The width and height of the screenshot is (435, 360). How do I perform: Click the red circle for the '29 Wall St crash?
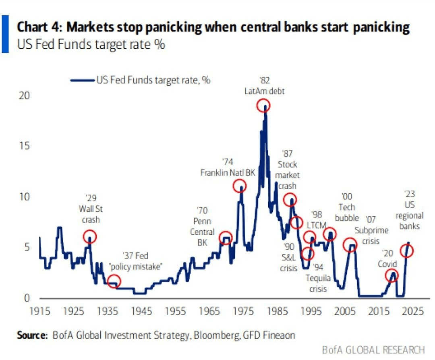tap(90, 236)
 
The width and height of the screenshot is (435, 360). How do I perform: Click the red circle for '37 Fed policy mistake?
tap(114, 281)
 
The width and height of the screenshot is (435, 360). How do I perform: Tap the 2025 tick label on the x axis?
tap(412, 312)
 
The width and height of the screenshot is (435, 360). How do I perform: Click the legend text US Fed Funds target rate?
tap(153, 80)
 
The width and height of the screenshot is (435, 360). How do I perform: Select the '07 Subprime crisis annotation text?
tap(371, 230)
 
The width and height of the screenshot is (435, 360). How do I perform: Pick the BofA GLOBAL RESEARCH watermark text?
tap(373, 349)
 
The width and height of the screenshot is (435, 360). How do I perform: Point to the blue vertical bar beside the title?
tap(5, 34)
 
